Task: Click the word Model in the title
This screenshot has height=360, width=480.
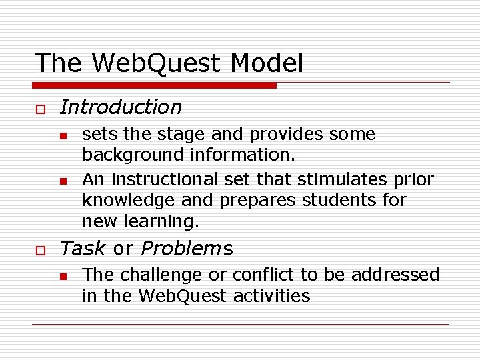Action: point(267,63)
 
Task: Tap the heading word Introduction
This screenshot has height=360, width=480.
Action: point(121,107)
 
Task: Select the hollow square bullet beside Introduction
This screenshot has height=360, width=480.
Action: point(39,108)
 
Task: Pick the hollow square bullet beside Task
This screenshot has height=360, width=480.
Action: point(39,249)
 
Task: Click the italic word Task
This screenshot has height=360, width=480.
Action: point(83,249)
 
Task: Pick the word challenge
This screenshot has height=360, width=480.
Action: point(159,275)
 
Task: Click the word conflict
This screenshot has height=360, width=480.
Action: point(260,275)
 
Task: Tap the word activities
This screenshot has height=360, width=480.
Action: point(272,295)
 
